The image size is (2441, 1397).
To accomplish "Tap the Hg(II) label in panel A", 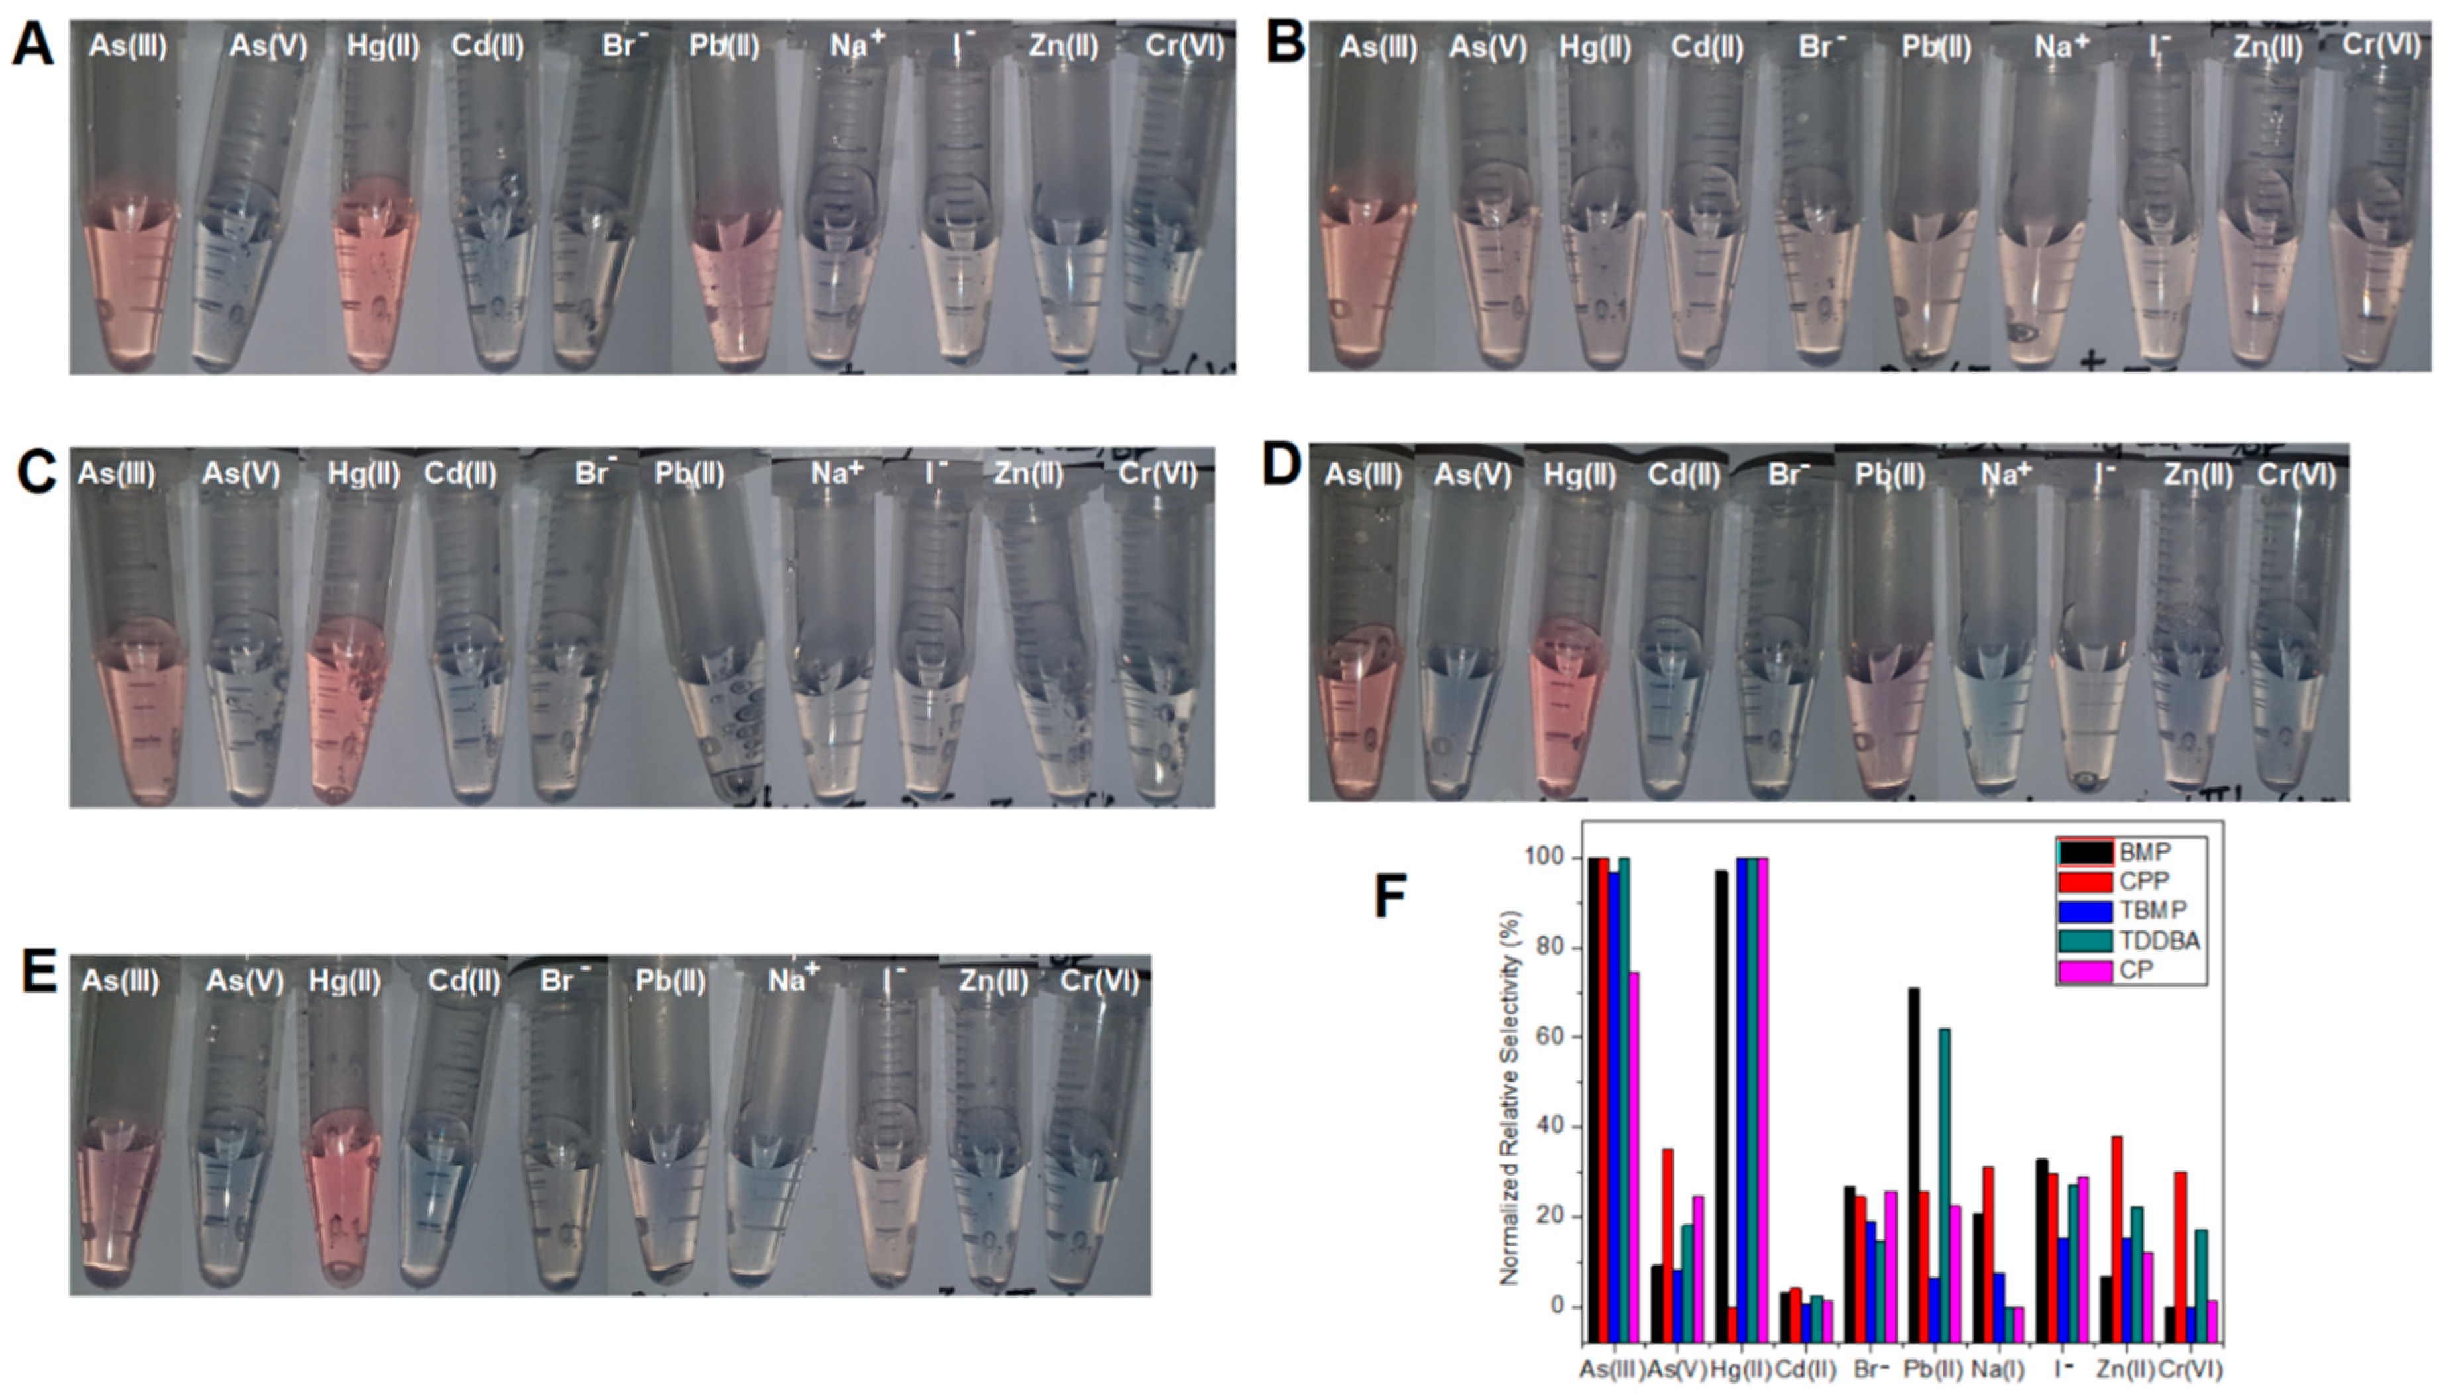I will (x=383, y=46).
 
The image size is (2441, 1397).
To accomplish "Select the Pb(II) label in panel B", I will (x=1936, y=48).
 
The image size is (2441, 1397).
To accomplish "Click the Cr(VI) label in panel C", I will (x=1157, y=473).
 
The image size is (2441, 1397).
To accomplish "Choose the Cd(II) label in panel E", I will (x=463, y=981).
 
